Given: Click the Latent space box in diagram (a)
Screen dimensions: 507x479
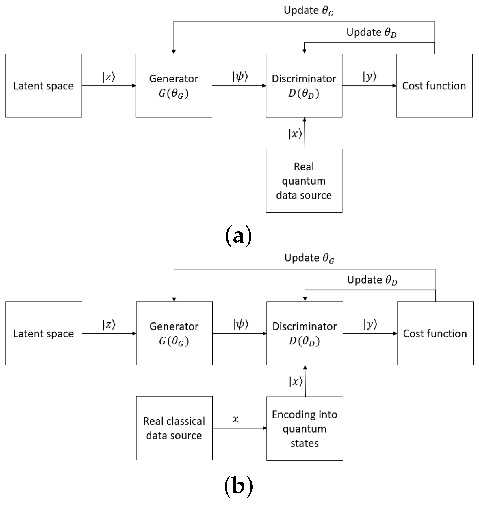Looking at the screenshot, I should point(44,86).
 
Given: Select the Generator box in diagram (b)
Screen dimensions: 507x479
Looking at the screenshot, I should point(174,333).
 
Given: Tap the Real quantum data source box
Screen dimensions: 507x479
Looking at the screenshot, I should point(304,181).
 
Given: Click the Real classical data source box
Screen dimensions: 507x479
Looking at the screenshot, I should point(174,428).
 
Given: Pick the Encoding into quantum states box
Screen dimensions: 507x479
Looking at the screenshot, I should point(305,429).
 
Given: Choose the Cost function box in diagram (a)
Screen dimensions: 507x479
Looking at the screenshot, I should point(434,86).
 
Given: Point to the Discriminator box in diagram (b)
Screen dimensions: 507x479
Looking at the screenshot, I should point(305,333).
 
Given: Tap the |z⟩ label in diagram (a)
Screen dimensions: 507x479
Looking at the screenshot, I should point(109,77).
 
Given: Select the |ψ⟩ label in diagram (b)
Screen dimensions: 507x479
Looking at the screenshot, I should point(241,325).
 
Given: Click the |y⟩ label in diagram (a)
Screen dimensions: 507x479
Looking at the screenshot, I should point(370,77).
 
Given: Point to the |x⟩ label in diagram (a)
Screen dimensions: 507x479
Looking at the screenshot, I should point(295,134).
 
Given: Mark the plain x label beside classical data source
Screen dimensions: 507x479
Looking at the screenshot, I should point(235,419).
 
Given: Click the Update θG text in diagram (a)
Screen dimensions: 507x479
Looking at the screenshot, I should point(309,11).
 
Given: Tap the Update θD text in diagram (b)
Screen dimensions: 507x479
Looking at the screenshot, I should point(372,280).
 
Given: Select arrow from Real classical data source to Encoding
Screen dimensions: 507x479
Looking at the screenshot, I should point(239,428).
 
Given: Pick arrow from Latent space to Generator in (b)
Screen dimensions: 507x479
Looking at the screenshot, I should point(109,333).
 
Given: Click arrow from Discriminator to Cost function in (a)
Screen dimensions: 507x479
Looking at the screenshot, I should point(369,86).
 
